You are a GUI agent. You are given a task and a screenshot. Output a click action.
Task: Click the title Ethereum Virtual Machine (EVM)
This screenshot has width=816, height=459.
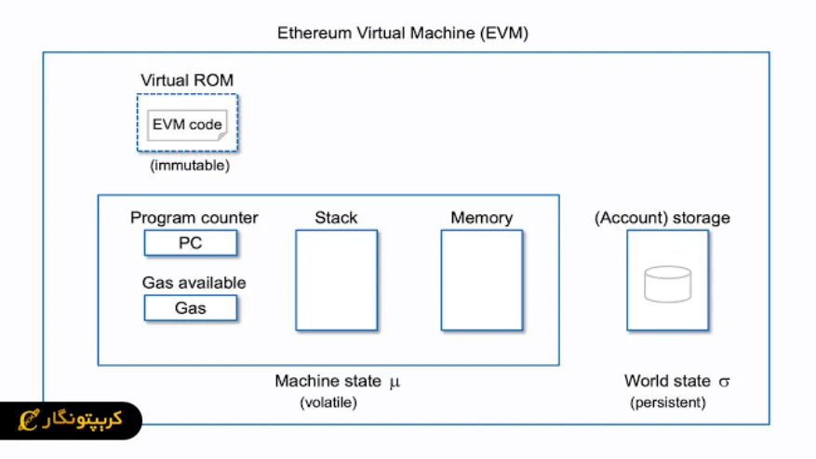pyautogui.click(x=403, y=34)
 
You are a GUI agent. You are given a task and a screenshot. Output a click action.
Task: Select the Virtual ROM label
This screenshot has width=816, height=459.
pyautogui.click(x=187, y=80)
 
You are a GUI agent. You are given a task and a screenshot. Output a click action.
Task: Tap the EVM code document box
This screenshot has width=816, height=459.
pyautogui.click(x=187, y=124)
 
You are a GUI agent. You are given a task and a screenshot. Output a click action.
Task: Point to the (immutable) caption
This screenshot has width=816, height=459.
pyautogui.click(x=189, y=167)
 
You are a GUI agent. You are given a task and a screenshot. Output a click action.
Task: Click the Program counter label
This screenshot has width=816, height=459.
pyautogui.click(x=194, y=218)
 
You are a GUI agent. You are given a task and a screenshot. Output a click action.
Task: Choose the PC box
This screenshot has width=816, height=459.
pyautogui.click(x=190, y=243)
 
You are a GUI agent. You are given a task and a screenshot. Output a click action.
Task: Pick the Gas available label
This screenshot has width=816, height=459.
pyautogui.click(x=194, y=282)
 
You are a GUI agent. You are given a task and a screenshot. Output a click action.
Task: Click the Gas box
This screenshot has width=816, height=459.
pyautogui.click(x=190, y=308)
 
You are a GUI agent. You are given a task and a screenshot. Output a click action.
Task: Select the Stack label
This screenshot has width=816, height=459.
pyautogui.click(x=336, y=218)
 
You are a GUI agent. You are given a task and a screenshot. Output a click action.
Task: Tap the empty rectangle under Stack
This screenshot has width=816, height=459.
pyautogui.click(x=336, y=280)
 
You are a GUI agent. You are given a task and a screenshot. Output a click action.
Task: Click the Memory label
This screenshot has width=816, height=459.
pyautogui.click(x=481, y=218)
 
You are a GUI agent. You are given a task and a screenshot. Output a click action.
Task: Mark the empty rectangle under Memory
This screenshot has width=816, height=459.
pyautogui.click(x=481, y=280)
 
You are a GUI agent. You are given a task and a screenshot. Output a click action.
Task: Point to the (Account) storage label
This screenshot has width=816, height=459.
pyautogui.click(x=662, y=218)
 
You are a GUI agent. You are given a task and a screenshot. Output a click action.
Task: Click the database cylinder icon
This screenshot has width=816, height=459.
pyautogui.click(x=667, y=284)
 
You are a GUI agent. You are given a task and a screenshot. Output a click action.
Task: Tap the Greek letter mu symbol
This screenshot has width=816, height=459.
pyautogui.click(x=394, y=382)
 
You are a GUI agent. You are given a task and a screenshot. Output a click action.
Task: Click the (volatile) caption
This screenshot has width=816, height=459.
pyautogui.click(x=328, y=403)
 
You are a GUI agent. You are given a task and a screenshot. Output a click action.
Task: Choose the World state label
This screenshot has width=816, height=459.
pyautogui.click(x=666, y=381)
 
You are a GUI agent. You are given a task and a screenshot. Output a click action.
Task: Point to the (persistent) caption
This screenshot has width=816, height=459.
pyautogui.click(x=667, y=403)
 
